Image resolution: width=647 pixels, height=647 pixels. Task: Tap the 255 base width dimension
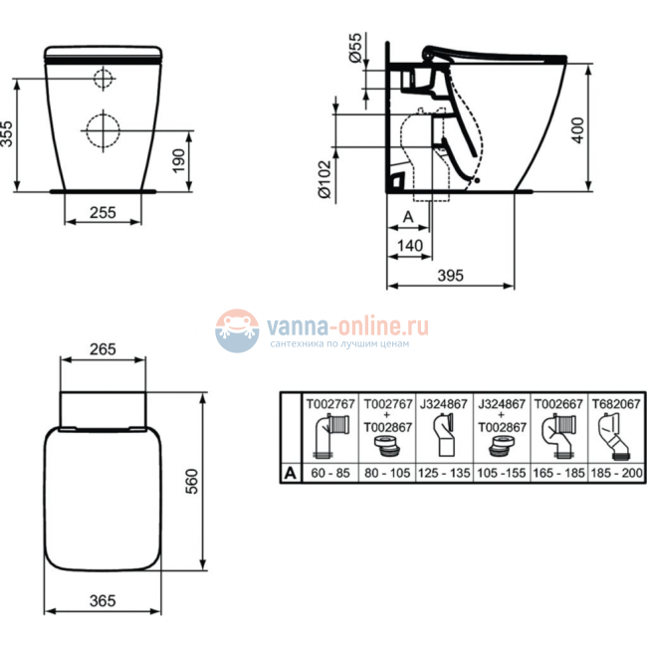[x=105, y=211]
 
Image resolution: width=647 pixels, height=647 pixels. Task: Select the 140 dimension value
[x=410, y=246]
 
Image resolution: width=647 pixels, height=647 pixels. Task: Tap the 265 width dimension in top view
[x=105, y=349]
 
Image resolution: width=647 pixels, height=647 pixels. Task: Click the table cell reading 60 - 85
[x=327, y=473]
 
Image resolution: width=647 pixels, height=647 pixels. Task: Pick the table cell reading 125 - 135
[x=444, y=473]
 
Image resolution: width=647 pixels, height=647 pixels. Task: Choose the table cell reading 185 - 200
[x=616, y=473]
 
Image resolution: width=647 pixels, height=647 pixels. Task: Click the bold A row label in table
[x=290, y=473]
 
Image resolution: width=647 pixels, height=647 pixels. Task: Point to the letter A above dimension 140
[x=408, y=215]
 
